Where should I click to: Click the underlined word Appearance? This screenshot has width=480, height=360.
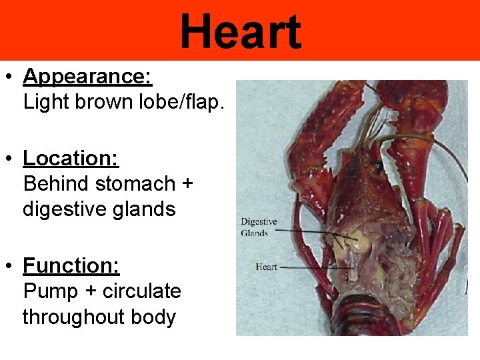coord(87,77)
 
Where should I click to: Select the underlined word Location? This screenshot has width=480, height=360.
coord(71,158)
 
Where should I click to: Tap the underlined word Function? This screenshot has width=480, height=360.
coord(71,266)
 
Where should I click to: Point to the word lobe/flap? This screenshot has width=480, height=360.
coord(177,103)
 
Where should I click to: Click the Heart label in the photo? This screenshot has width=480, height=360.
coord(266,267)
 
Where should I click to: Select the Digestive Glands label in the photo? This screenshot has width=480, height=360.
coord(259,227)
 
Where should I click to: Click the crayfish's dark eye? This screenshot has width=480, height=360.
coord(379,165)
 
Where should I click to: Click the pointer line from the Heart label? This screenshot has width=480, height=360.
coord(313,267)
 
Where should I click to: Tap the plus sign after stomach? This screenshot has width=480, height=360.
coord(185,184)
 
